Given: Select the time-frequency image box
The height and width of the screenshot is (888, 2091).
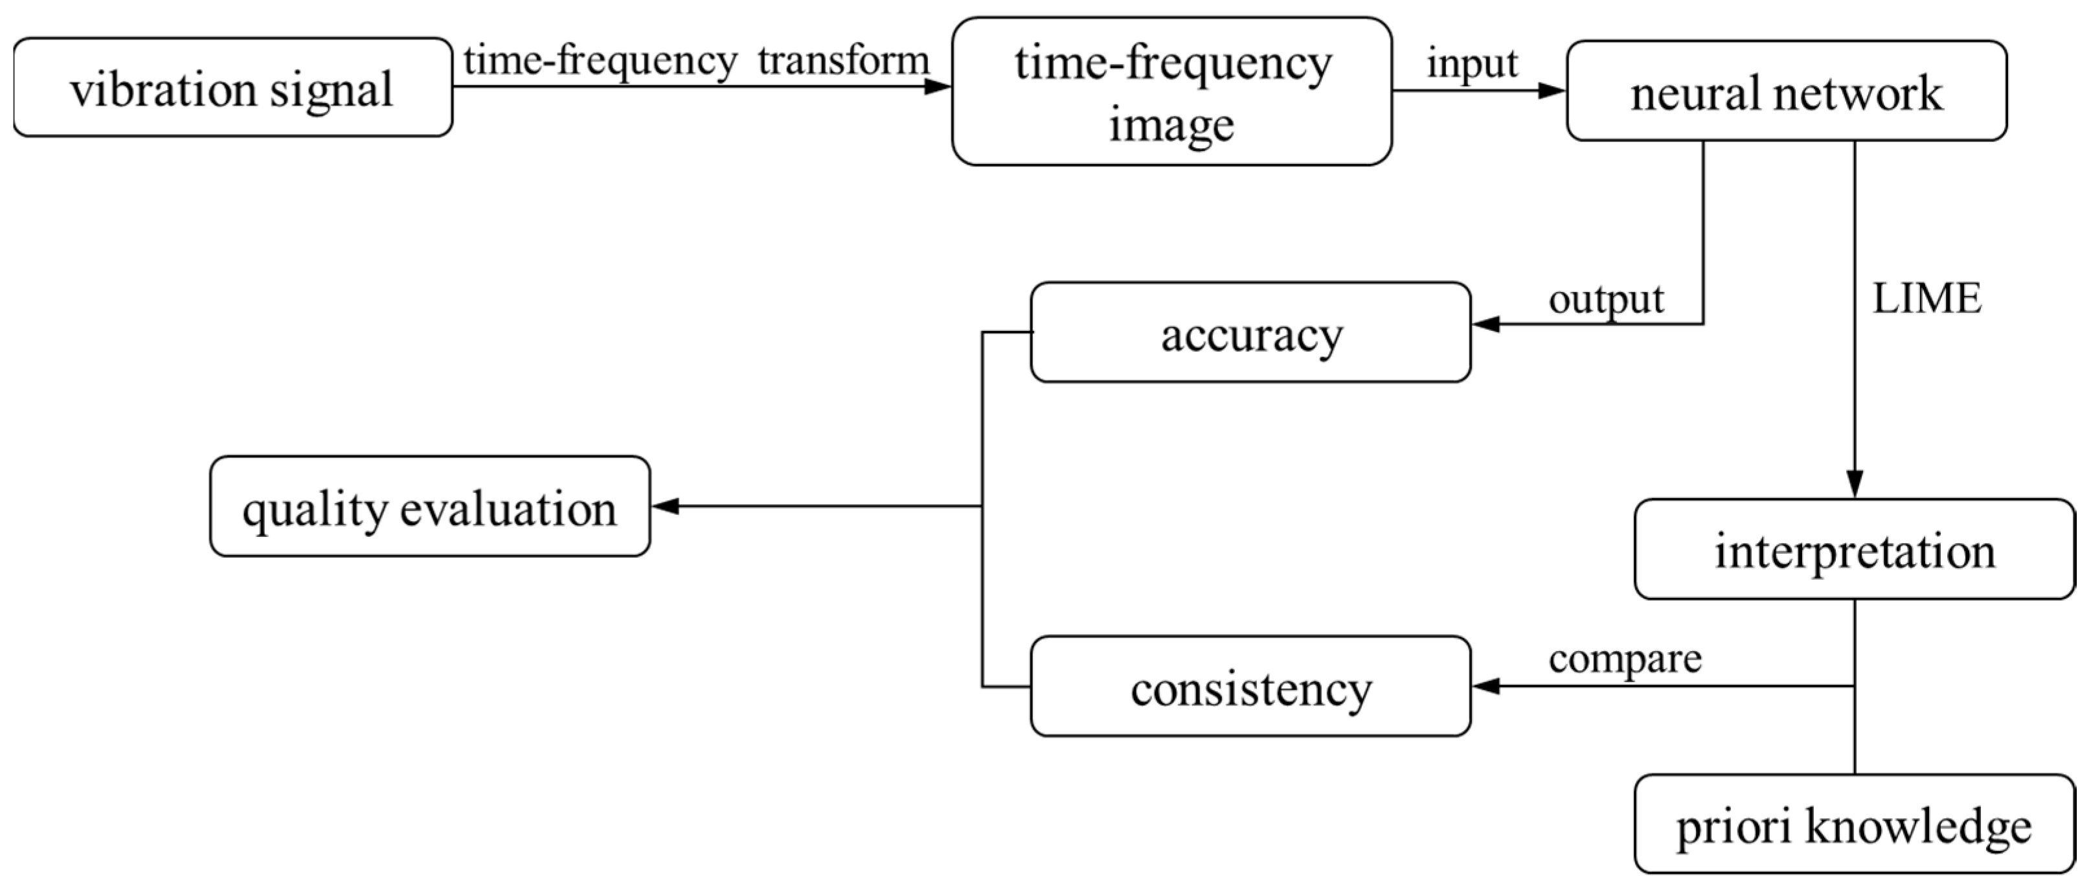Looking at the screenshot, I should click(1171, 92).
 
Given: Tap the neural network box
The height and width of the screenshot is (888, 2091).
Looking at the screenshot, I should click(1786, 91).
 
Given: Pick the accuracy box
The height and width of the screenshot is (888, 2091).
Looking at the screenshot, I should click(1250, 333).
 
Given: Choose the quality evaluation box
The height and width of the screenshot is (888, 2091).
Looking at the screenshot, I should click(429, 507).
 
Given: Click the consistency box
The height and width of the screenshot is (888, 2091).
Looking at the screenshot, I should click(1250, 687).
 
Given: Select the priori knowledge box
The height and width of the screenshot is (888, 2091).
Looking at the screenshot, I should click(1854, 825).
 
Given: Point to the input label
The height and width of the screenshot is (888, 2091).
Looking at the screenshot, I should click(1472, 63).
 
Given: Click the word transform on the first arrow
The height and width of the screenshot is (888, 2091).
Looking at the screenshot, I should click(843, 61).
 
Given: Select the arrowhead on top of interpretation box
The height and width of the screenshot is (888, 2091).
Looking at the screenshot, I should click(1854, 484).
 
